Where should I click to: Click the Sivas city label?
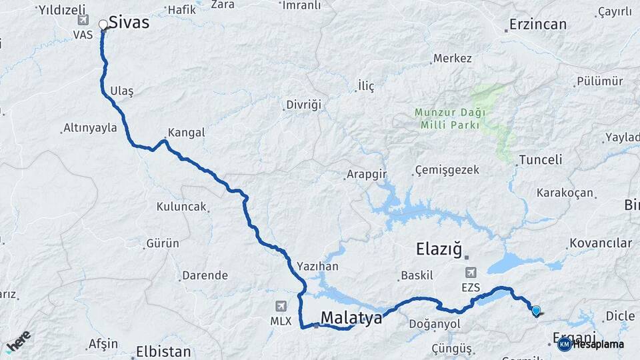coord(129,22)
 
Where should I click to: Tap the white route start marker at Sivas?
coord(103,25)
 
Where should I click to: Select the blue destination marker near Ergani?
coord(536,309)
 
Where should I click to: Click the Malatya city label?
coord(351,319)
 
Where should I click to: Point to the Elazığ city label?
coord(439,249)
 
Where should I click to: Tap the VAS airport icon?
coord(83,19)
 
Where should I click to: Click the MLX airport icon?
coord(281,306)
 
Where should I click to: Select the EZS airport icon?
coord(471,272)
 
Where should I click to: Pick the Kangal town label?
coord(186,133)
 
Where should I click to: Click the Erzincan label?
coord(537,25)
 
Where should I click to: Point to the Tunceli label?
coord(540,160)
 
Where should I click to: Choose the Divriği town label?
coord(303,105)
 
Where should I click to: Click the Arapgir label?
coord(366,175)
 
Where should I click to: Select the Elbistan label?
coord(163,351)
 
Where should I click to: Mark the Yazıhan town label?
coord(318,266)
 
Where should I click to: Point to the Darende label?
coord(205,275)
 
